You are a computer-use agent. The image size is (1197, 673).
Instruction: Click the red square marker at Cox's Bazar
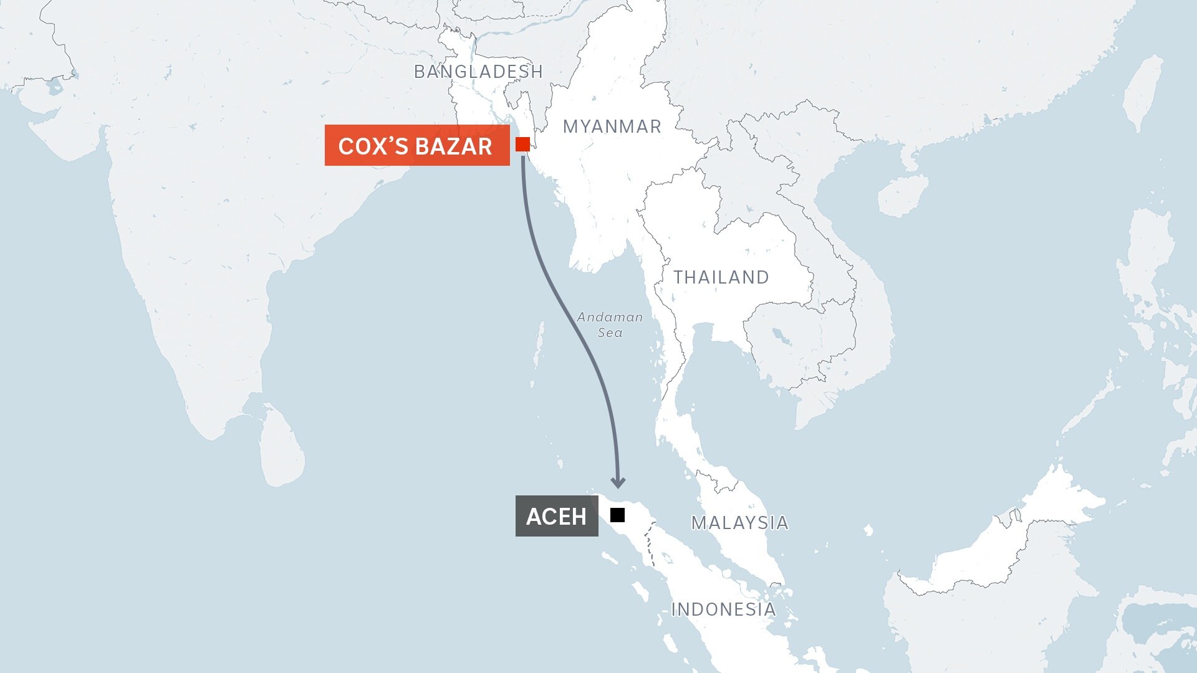(x=522, y=145)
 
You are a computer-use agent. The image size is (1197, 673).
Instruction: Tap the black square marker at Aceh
(x=617, y=515)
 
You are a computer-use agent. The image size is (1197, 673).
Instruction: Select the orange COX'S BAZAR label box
(x=416, y=146)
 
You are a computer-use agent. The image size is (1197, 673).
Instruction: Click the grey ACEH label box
(x=556, y=516)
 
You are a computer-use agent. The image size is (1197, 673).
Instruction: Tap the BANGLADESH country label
(x=478, y=72)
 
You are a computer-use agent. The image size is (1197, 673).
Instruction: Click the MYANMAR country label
(x=612, y=126)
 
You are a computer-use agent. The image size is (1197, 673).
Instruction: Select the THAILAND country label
(x=721, y=277)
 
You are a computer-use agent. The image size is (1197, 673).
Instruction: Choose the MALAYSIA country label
(x=739, y=523)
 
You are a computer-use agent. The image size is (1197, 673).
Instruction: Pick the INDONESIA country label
(x=723, y=609)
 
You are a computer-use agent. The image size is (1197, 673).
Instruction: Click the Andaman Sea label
(x=609, y=325)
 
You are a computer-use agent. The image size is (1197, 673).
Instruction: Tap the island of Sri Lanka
(x=282, y=446)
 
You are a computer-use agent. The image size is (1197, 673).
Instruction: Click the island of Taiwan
(x=1142, y=93)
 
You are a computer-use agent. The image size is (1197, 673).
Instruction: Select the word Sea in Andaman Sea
(x=610, y=333)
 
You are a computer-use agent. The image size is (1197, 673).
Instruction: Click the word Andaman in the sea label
(x=609, y=317)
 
